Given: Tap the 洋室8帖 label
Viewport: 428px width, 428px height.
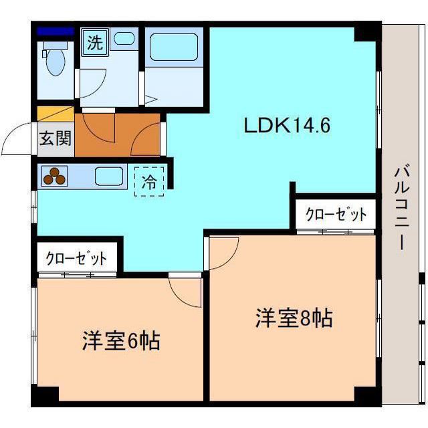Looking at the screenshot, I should [294, 318].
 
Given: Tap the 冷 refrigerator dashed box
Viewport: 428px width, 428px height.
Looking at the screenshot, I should [150, 181].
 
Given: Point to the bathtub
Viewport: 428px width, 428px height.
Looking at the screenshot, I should [173, 47].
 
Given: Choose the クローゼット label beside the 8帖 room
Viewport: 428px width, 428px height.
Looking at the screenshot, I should [336, 215].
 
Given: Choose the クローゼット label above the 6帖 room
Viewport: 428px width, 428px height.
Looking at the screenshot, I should [76, 258].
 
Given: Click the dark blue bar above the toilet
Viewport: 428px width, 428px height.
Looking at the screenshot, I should [56, 31].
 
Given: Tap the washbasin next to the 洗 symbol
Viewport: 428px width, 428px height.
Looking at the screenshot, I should [124, 39].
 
